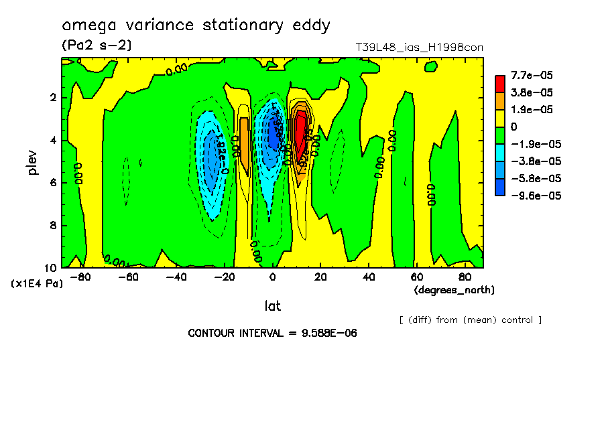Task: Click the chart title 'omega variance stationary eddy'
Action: click(196, 25)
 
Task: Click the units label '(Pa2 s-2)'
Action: click(97, 46)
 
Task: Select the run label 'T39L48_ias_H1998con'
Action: click(419, 48)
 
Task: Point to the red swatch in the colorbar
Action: click(500, 84)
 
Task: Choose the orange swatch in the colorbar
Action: click(500, 100)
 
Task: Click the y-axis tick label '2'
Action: click(53, 98)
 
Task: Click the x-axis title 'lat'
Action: click(272, 306)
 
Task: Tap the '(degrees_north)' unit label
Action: click(454, 290)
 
